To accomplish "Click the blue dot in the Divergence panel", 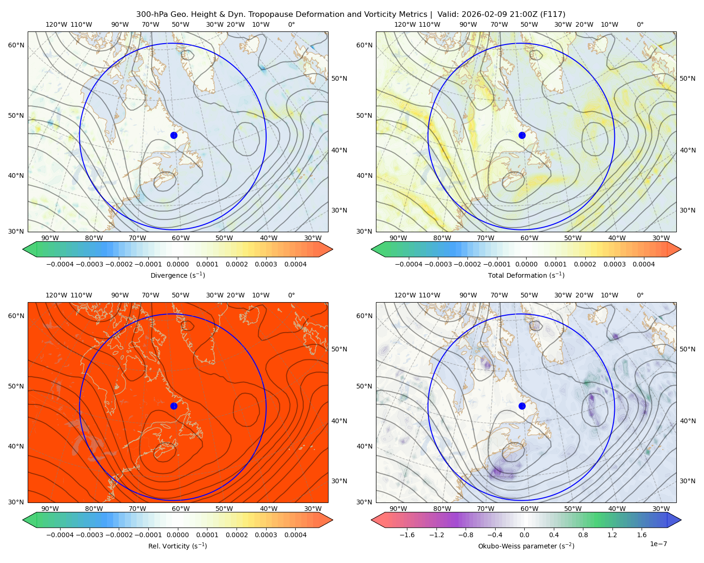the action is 174,135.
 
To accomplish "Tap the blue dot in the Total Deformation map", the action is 522,135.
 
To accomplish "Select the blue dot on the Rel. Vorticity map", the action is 174,406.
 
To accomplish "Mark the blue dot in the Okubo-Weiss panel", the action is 522,406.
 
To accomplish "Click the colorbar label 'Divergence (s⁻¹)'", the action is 177,275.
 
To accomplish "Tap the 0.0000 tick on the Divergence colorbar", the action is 177,264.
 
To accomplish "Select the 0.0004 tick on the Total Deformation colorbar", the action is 643,264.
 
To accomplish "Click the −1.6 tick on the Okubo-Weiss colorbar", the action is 407,534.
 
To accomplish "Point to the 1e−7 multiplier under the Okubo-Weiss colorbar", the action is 658,544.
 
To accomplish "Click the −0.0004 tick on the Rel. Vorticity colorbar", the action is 60,534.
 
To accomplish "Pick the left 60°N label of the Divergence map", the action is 16,45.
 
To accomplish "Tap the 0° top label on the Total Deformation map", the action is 640,24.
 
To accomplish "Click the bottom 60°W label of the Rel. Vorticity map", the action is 181,509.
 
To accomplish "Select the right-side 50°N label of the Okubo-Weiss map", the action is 687,349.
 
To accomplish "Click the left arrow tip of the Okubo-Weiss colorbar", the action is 371,520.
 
